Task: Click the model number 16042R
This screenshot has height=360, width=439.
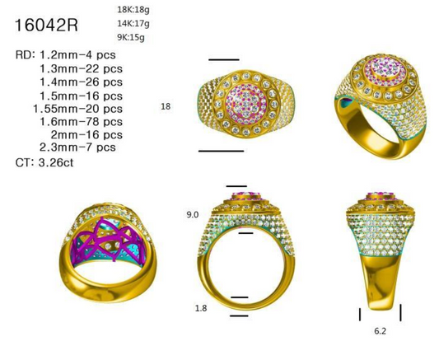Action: tap(46, 26)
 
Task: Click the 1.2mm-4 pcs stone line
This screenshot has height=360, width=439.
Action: tap(68, 54)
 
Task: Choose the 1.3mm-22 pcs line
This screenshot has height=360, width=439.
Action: tap(82, 68)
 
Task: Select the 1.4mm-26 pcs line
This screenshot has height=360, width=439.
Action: tap(82, 82)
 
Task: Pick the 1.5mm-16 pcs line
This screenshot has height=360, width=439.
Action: tap(82, 95)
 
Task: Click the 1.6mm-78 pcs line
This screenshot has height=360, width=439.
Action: tap(82, 121)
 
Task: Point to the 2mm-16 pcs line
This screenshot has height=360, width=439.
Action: tap(86, 134)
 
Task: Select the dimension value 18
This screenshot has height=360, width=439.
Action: tap(166, 106)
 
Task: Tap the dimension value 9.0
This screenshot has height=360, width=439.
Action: tap(193, 214)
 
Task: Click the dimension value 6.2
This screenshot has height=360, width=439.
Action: tap(380, 329)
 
